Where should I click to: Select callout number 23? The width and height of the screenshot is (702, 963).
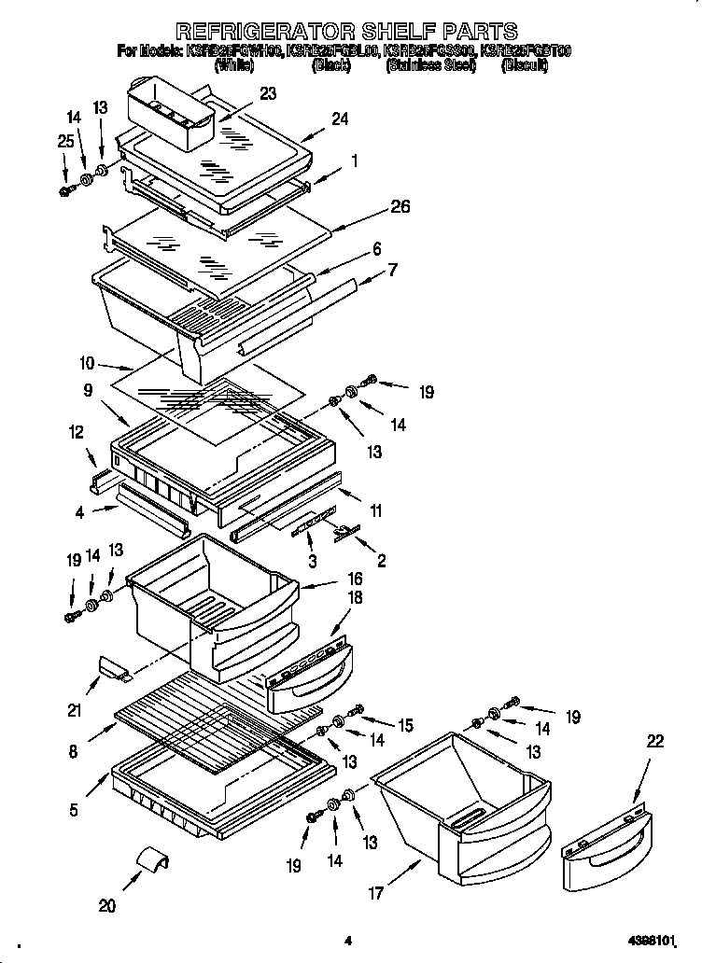(269, 93)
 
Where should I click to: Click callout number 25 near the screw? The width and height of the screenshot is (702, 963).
(63, 140)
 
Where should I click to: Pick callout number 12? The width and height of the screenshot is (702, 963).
(76, 432)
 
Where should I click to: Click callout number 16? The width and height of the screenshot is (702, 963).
(354, 579)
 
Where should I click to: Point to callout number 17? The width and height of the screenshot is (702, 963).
(375, 893)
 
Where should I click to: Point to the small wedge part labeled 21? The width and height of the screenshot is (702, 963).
(113, 667)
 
